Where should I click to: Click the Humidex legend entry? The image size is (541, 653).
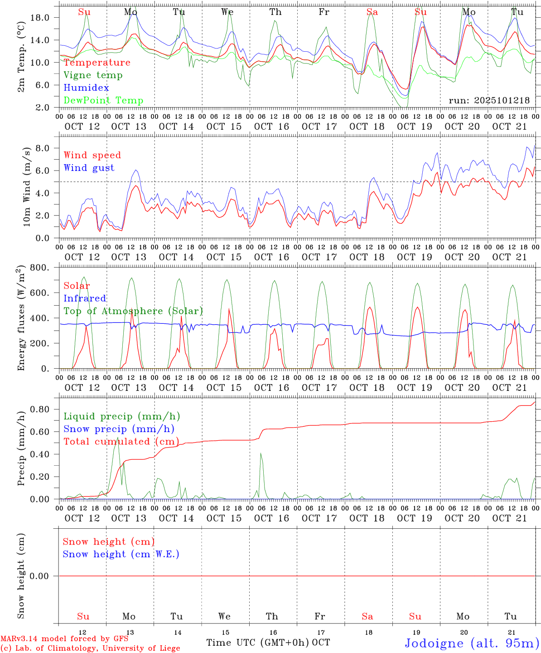(x=86, y=88)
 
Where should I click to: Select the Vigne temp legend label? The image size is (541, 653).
(x=93, y=75)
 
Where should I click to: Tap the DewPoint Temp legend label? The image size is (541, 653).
(x=103, y=101)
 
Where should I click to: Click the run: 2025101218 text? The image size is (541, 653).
(x=489, y=101)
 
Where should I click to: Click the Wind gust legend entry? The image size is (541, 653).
(x=89, y=168)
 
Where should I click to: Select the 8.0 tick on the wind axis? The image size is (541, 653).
(x=42, y=148)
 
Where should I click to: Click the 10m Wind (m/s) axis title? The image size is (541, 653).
(x=27, y=186)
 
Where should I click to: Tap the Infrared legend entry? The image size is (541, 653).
(x=85, y=298)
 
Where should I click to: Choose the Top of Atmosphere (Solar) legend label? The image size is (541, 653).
(x=133, y=311)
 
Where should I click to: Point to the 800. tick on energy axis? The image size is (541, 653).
(x=39, y=268)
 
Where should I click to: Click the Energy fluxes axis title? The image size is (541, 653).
(x=21, y=319)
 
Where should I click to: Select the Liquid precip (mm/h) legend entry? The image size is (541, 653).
(x=121, y=416)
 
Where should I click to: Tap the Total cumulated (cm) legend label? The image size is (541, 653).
(x=121, y=442)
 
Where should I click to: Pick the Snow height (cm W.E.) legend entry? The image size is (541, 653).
(x=121, y=554)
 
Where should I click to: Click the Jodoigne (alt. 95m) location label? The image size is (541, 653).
(x=472, y=643)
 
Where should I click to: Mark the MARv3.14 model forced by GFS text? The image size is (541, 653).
(x=64, y=639)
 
